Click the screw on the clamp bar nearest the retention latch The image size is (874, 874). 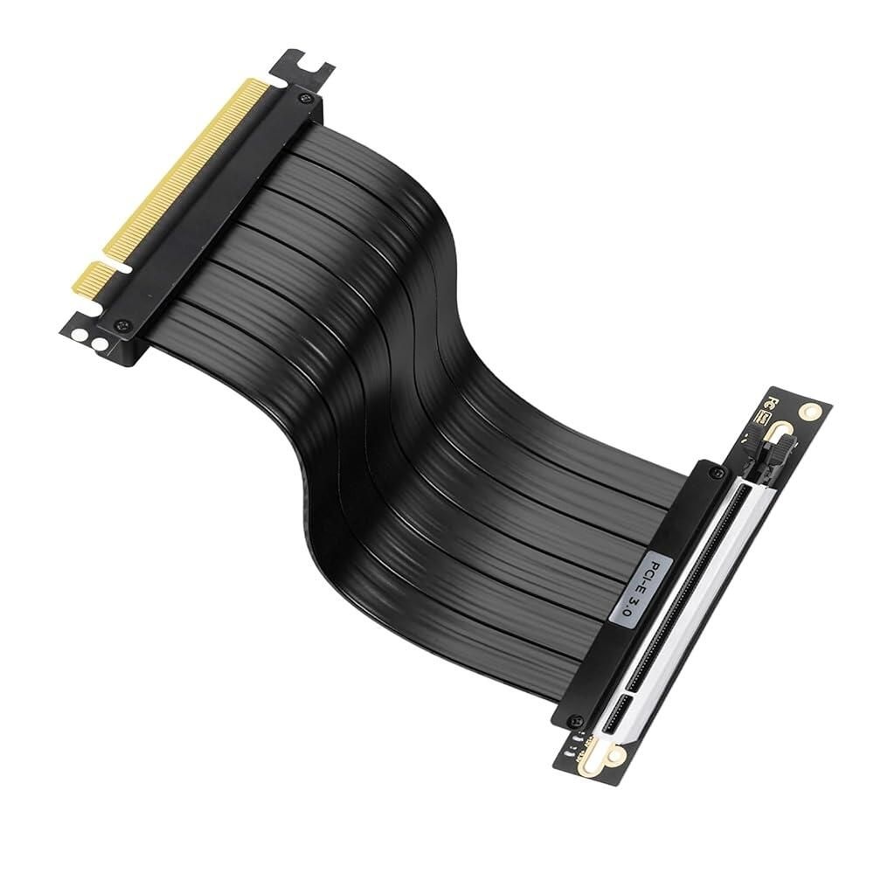pos(719,473)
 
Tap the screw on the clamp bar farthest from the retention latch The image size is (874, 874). pos(573,720)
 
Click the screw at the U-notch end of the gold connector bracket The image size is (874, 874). pos(303,98)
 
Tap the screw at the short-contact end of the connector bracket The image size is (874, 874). pos(121,324)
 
